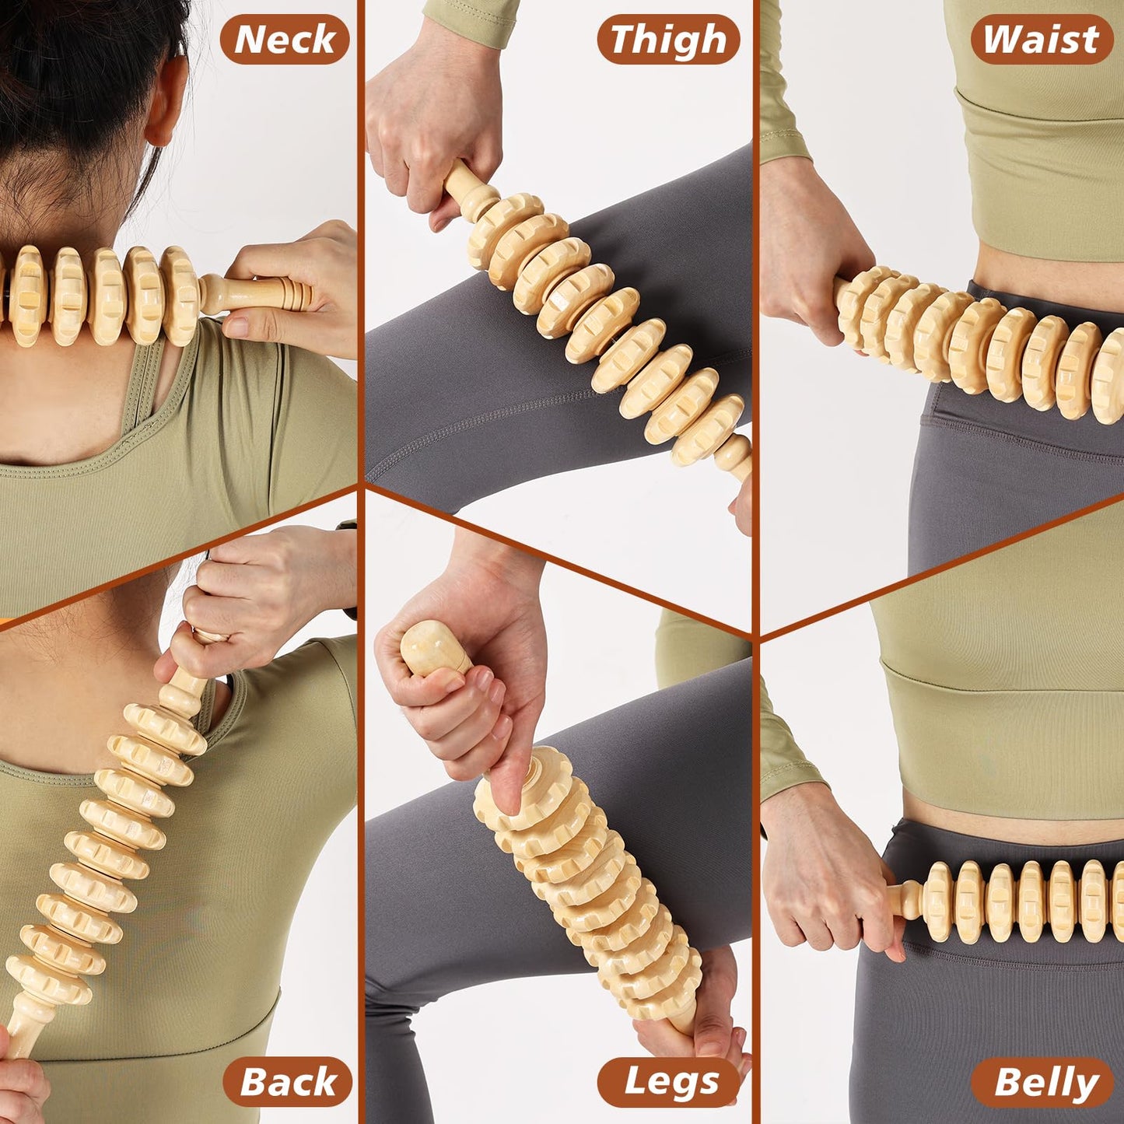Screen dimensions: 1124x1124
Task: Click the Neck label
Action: (285, 39)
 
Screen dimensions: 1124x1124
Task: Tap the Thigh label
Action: (667, 39)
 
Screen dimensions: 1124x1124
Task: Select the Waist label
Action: (1041, 39)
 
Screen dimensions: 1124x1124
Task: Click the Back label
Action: (288, 1081)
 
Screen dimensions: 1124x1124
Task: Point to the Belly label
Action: (1042, 1081)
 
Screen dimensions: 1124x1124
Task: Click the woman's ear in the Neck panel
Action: (168, 101)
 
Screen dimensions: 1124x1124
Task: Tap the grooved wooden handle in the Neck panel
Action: (264, 294)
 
